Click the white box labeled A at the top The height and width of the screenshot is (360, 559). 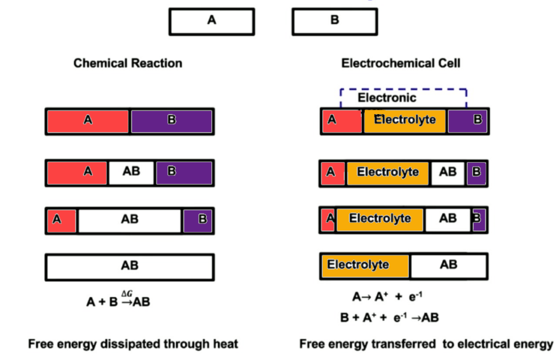tap(212, 21)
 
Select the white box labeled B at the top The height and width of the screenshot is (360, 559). tap(335, 21)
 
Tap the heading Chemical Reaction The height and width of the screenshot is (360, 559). tap(128, 63)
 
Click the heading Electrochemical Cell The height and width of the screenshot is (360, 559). tap(401, 63)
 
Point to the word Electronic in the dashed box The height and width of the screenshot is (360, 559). tap(386, 98)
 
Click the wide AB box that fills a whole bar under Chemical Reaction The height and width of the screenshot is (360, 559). tap(129, 267)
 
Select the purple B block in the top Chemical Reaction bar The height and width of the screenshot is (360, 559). tap(171, 121)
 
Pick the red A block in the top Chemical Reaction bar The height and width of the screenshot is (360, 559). tap(88, 121)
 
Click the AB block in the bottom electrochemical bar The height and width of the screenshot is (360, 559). tap(448, 266)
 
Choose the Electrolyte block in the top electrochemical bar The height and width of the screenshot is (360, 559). tap(405, 121)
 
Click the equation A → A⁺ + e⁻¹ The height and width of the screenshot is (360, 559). tap(387, 297)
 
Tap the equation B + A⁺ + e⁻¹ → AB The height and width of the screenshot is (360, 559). tap(389, 317)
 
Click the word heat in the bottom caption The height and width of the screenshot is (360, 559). tap(225, 344)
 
